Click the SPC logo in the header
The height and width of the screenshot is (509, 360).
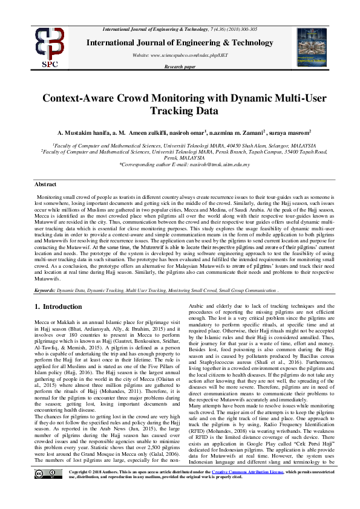tap(31, 47)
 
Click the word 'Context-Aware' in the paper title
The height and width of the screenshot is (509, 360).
tap(79, 99)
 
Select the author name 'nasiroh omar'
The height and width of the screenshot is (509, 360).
tap(185, 132)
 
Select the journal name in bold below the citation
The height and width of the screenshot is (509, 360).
tap(179, 42)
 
